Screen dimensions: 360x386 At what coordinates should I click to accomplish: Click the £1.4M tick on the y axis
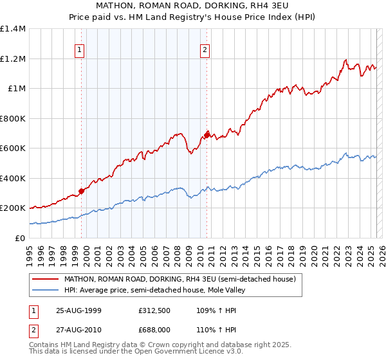13,29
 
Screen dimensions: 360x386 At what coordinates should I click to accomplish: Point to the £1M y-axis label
17,89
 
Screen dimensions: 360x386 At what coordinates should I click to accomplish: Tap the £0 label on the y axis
21,238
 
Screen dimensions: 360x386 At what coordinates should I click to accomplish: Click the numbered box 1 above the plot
80,50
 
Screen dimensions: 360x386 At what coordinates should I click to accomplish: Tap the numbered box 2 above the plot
205,50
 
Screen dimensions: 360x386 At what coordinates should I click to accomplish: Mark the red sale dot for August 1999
82,190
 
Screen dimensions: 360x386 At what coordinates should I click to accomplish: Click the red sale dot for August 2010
207,135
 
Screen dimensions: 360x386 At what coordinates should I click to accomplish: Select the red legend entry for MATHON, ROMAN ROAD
179,279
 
